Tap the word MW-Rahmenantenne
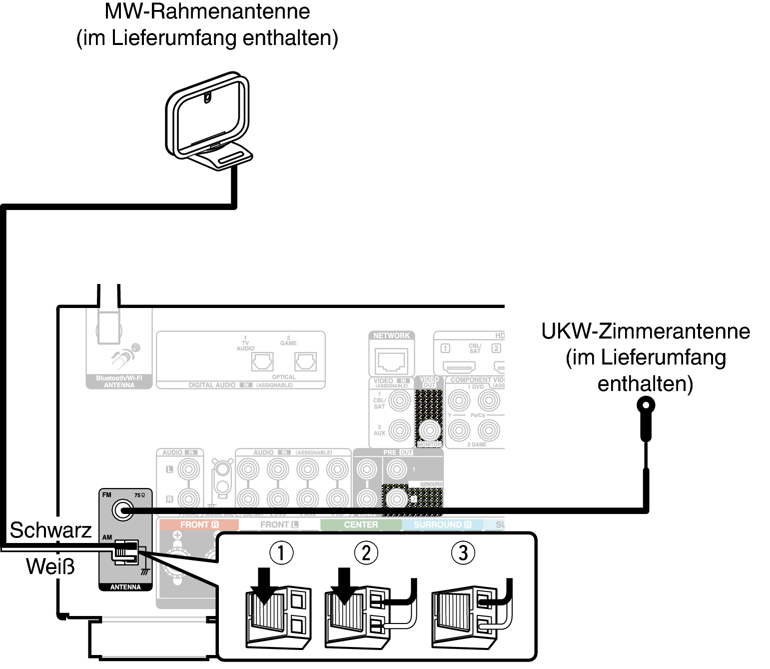[207, 11]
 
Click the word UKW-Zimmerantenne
[646, 331]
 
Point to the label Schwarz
[50, 530]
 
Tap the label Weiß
[50, 566]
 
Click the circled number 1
[281, 552]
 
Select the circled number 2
[366, 552]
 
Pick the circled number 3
[463, 552]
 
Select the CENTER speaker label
[361, 524]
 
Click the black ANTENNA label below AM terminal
[125, 587]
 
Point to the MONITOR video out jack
[429, 429]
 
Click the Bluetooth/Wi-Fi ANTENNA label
[119, 382]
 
